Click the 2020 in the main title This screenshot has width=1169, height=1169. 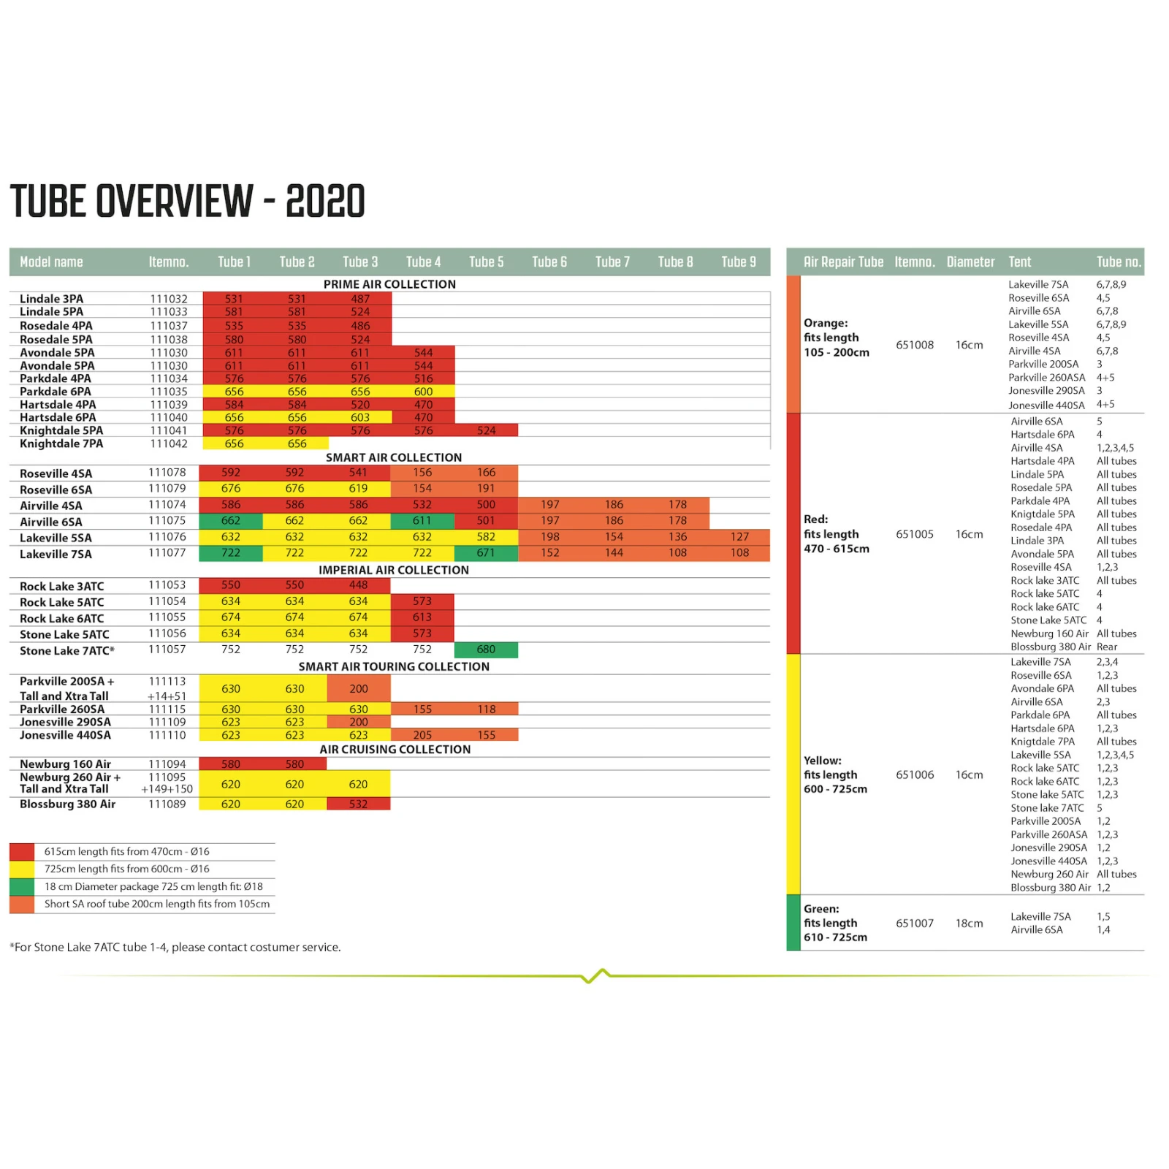[325, 202]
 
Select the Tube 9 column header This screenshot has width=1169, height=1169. [739, 262]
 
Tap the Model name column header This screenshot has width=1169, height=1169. [51, 262]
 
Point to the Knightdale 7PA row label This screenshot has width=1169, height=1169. [61, 443]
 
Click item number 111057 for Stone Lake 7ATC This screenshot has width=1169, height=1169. [167, 649]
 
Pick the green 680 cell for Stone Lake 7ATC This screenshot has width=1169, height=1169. [486, 650]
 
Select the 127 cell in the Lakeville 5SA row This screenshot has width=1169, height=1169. [739, 537]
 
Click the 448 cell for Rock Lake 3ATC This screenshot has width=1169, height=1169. [358, 585]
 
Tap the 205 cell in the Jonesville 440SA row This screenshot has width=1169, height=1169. [422, 735]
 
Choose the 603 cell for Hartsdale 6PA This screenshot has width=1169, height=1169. [360, 417]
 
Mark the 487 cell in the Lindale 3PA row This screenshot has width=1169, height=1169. [360, 299]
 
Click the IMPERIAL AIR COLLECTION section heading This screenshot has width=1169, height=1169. [394, 570]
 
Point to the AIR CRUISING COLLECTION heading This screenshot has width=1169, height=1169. [395, 750]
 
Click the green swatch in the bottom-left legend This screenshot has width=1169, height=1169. [22, 886]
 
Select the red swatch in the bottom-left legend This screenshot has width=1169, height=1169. [22, 851]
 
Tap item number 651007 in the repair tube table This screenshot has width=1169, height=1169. [915, 924]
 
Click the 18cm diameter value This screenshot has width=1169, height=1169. [969, 924]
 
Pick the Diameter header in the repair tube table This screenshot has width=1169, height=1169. [970, 262]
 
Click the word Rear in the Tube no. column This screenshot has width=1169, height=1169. [1107, 647]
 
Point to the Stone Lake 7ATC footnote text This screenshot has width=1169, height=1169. [175, 948]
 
